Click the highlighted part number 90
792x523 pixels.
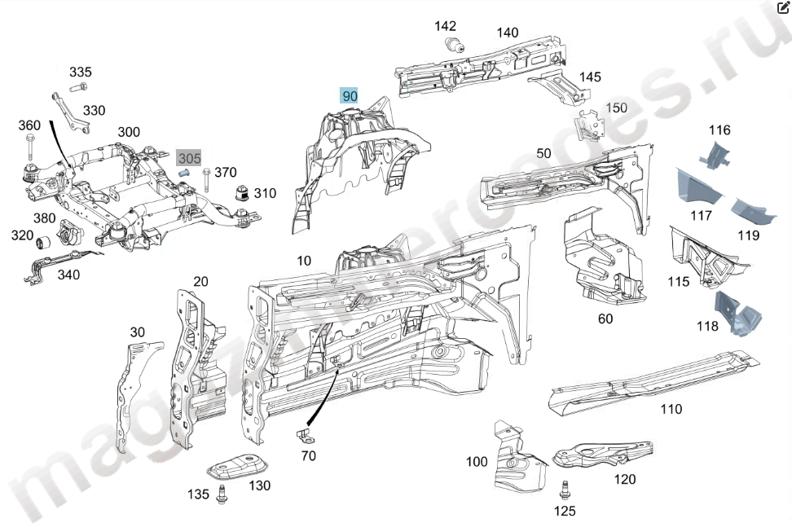pos(350,96)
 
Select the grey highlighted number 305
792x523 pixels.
pos(189,157)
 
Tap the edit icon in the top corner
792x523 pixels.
pos(783,7)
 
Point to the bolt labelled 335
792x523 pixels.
pos(78,88)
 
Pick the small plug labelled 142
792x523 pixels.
pos(451,45)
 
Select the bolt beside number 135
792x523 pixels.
pos(222,494)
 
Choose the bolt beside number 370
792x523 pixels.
pos(207,179)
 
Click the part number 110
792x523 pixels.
pos(671,409)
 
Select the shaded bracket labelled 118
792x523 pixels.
pos(736,314)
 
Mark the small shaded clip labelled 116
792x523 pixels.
pos(715,154)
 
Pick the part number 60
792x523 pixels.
pos(605,319)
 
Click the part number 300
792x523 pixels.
pos(129,132)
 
